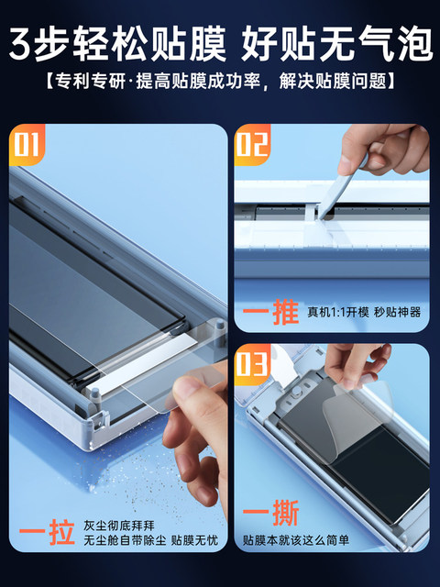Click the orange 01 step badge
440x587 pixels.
click(27, 145)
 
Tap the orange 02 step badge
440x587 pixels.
click(252, 145)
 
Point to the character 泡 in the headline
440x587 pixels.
click(412, 43)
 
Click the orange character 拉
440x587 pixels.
click(61, 532)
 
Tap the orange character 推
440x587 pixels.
click(285, 312)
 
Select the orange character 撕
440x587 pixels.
click(285, 513)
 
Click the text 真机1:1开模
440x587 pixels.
click(338, 312)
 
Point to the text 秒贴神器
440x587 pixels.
click(397, 312)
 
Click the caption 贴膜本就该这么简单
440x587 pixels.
click(296, 540)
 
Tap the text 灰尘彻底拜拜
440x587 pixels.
click(118, 526)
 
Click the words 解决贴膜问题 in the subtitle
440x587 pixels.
click(333, 81)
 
